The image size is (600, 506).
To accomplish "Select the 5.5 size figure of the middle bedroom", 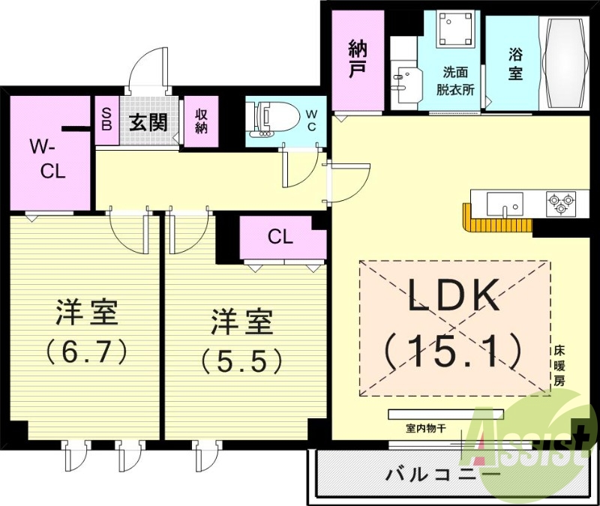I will click(241, 361).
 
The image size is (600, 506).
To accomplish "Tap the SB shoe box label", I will click(106, 121).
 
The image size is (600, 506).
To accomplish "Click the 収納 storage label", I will click(201, 121).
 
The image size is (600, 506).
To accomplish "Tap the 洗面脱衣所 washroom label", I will click(457, 80).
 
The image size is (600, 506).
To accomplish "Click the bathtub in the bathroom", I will click(566, 63).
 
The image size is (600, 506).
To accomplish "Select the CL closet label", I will click(280, 237).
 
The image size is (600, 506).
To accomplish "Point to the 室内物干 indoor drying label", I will click(426, 429).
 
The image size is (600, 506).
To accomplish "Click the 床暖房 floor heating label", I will click(559, 365).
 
